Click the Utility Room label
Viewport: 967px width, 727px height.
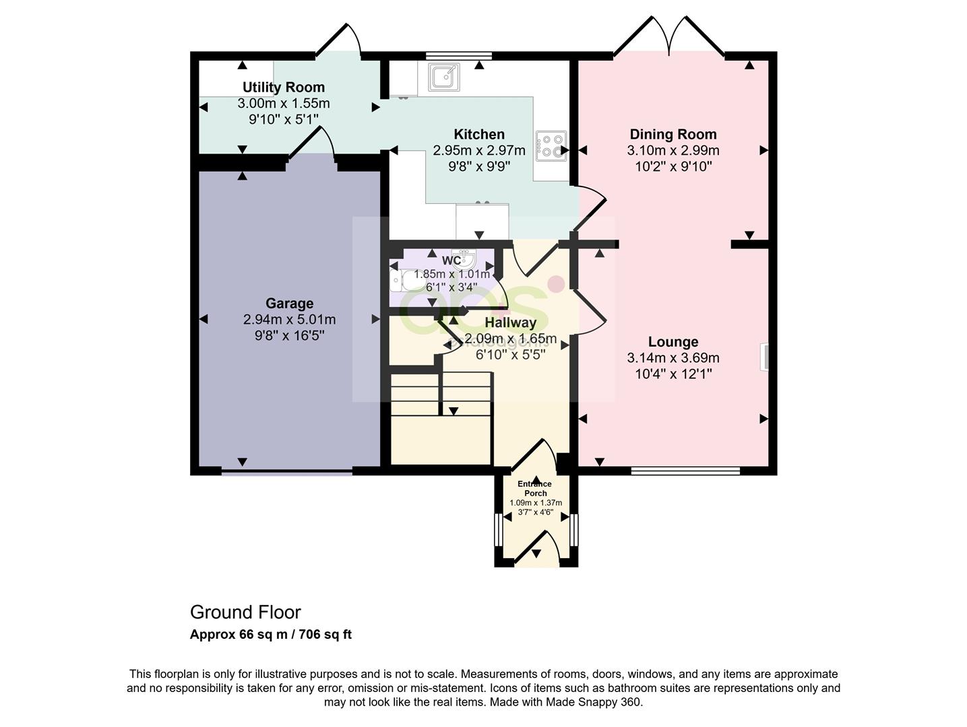[283, 87]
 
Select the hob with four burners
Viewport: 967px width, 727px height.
[551, 146]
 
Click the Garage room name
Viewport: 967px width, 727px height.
[289, 304]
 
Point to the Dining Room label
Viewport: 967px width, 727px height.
[673, 134]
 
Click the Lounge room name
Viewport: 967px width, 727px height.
[673, 342]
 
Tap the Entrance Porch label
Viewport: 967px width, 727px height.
[535, 489]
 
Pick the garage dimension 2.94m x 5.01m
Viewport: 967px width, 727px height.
[289, 320]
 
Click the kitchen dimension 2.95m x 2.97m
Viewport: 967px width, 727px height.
[478, 150]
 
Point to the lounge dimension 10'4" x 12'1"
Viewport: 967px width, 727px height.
[673, 374]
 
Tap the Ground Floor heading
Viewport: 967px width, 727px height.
[245, 612]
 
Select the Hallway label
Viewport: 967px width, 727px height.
[510, 323]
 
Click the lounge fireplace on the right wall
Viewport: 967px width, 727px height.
[764, 357]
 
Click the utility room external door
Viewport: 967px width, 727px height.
[339, 40]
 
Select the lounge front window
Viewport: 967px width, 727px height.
[685, 471]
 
